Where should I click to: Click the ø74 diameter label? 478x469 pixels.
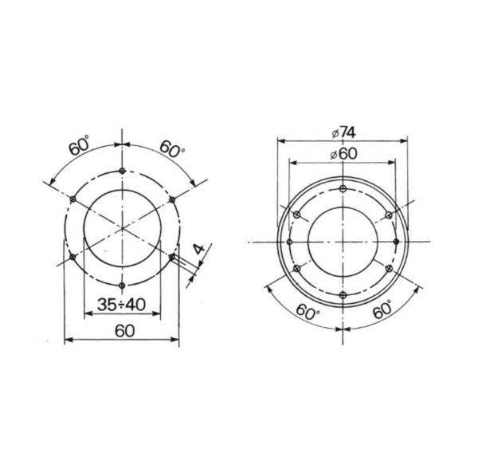pyautogui.click(x=343, y=132)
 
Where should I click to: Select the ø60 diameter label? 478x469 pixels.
pyautogui.click(x=343, y=154)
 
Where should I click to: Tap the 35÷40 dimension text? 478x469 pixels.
pyautogui.click(x=122, y=304)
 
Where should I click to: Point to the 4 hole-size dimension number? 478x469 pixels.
pyautogui.click(x=200, y=249)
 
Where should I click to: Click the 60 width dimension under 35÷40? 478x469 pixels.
pyautogui.click(x=125, y=331)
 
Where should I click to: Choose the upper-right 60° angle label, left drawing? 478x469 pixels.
pyautogui.click(x=172, y=148)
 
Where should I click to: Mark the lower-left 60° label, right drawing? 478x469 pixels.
pyautogui.click(x=308, y=312)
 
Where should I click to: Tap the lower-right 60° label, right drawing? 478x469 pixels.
pyautogui.click(x=382, y=309)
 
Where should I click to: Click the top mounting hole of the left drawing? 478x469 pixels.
pyautogui.click(x=122, y=171)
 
